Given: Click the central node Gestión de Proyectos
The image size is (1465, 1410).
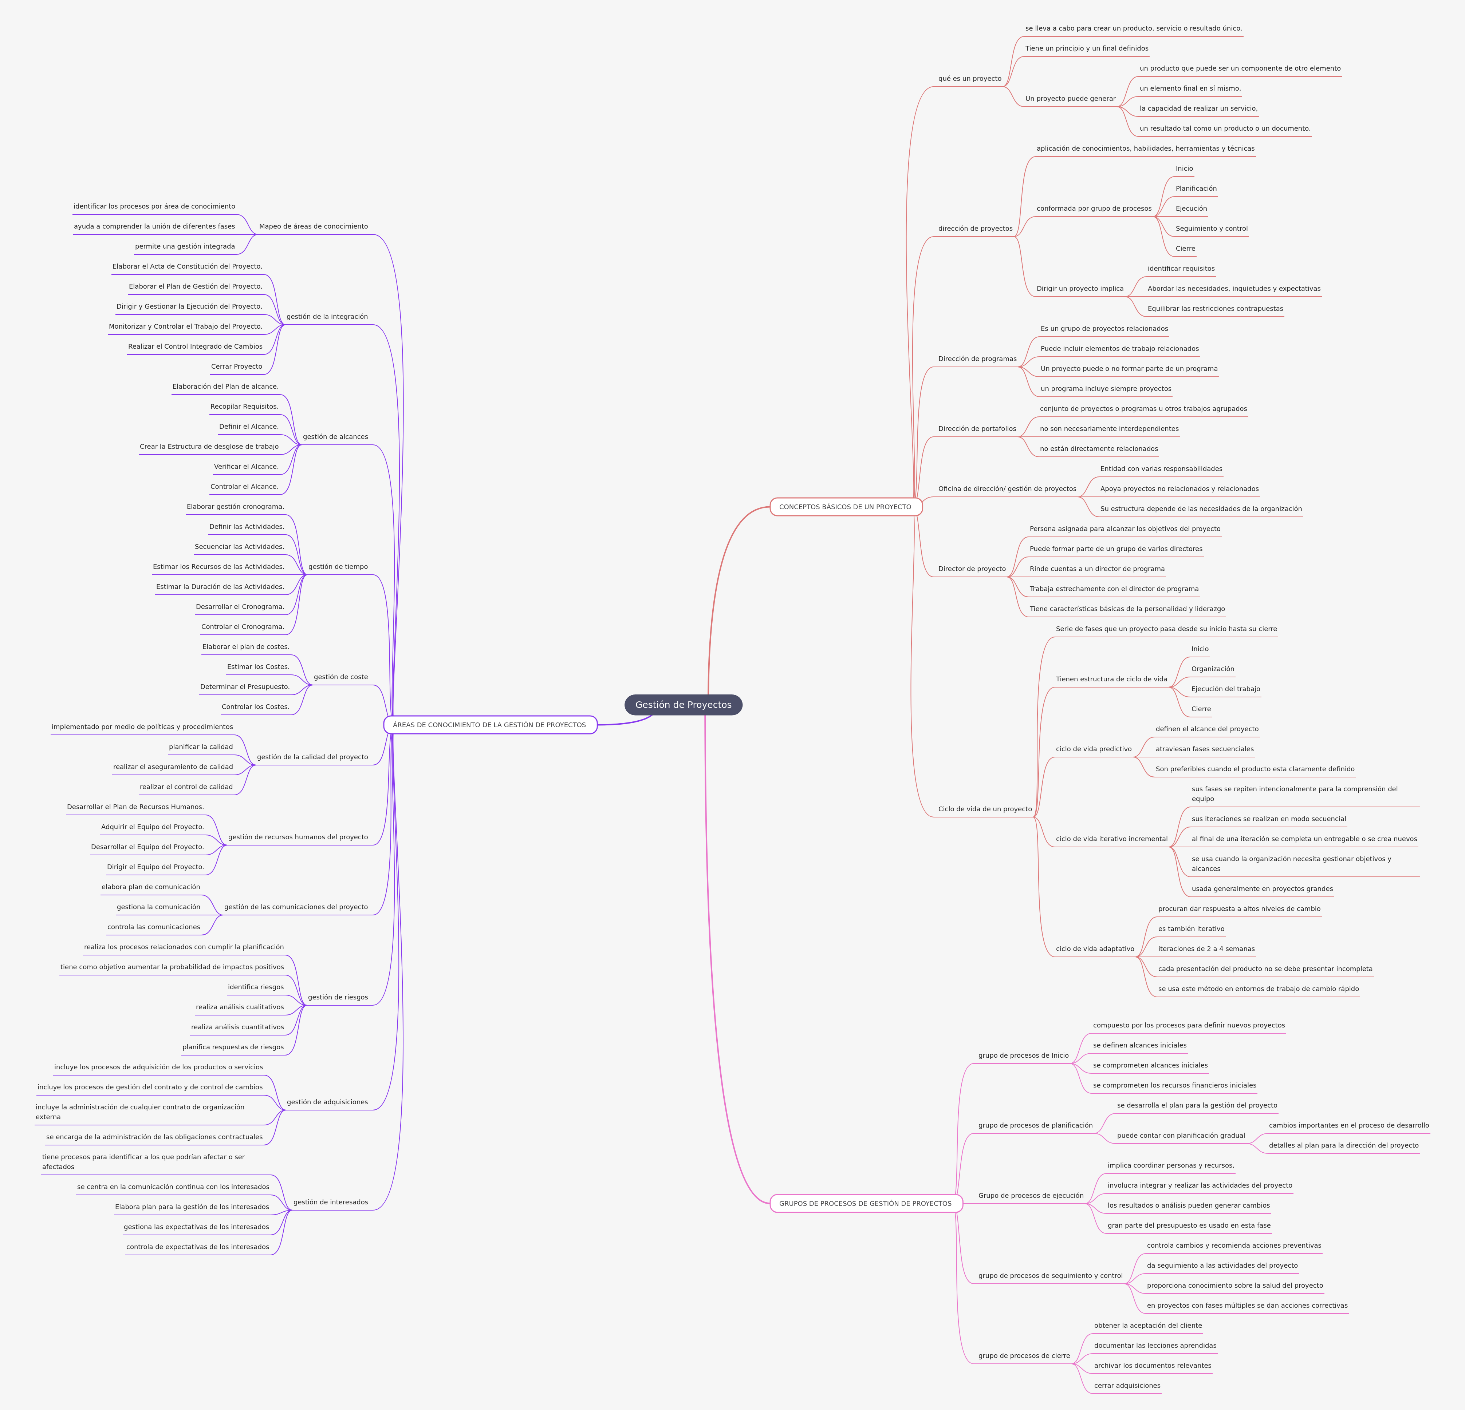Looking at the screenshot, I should [x=683, y=705].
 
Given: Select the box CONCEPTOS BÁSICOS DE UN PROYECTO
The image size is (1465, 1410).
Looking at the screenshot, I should [x=845, y=507].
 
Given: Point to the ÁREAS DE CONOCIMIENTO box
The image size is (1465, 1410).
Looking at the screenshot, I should [x=489, y=725].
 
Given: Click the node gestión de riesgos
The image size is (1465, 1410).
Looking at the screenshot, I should [x=338, y=997].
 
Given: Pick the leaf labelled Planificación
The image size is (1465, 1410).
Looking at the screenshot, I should [x=1196, y=188].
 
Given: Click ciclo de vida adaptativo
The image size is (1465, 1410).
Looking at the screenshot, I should [x=1095, y=949].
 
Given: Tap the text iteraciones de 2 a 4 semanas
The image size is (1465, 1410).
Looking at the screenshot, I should [x=1206, y=949].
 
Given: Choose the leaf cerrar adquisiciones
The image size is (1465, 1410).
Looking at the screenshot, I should [x=1127, y=1385].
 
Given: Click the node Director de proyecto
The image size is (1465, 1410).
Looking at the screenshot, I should [x=972, y=569].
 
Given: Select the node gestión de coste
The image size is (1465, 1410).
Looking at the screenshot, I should [x=341, y=677].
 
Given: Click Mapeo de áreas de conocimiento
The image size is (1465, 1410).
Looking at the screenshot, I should [x=313, y=226].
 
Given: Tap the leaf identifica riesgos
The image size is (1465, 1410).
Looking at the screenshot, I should [x=256, y=987].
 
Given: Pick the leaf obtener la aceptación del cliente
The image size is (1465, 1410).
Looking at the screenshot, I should [x=1148, y=1326].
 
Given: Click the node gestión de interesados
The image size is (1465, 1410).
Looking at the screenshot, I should [x=330, y=1202].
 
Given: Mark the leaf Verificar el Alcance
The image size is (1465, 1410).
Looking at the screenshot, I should [x=246, y=466].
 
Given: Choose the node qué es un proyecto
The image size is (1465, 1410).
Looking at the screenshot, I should [x=969, y=79].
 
